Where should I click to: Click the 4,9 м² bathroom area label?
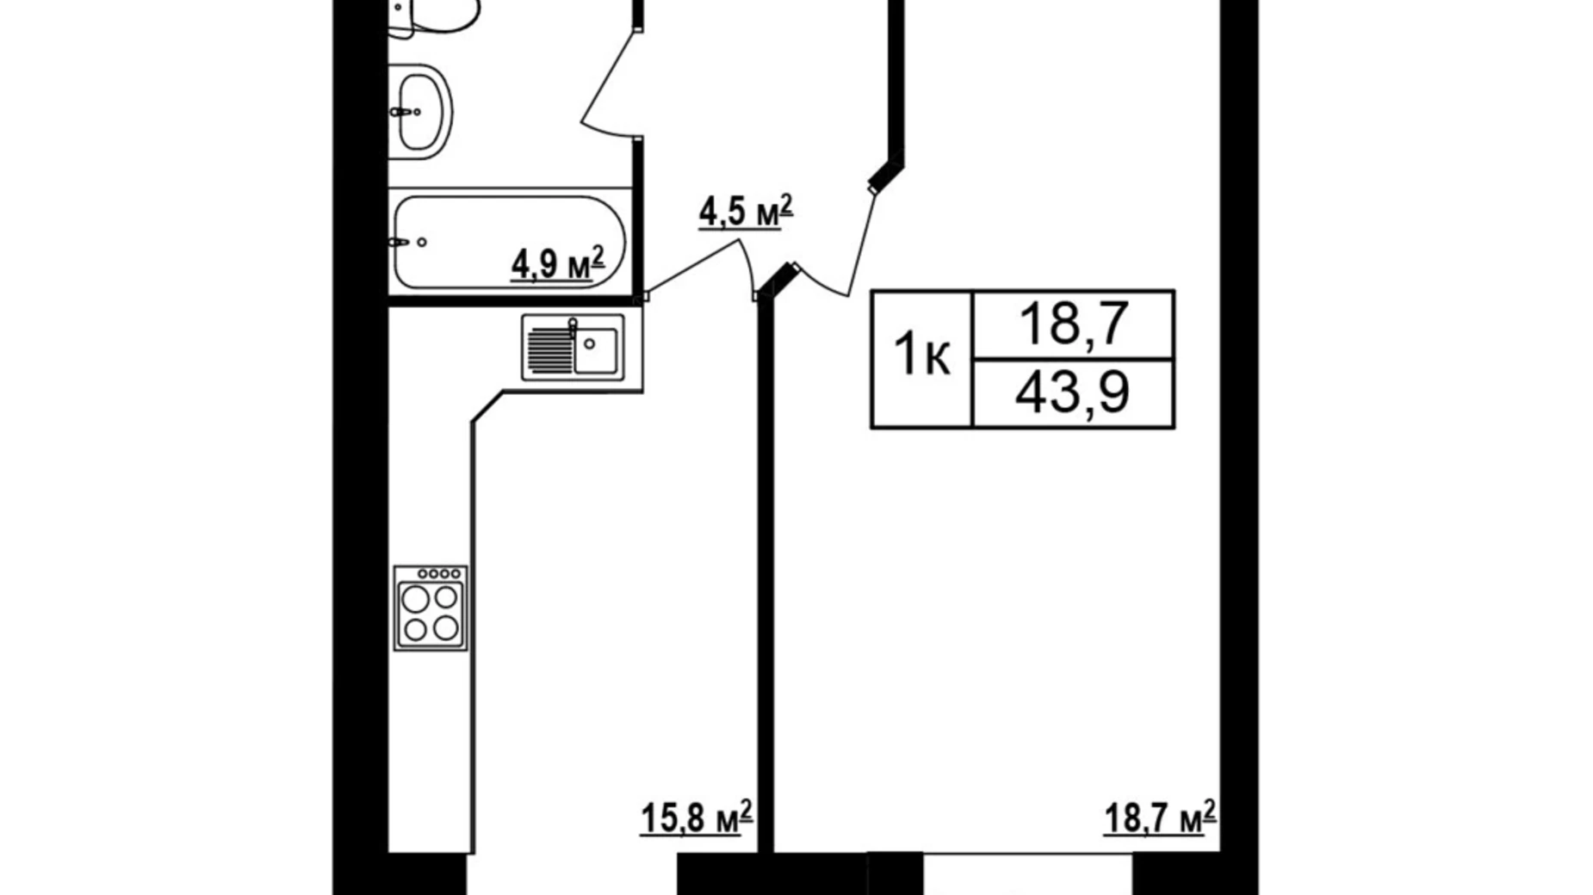pyautogui.click(x=557, y=262)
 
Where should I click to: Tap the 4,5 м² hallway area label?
pyautogui.click(x=744, y=212)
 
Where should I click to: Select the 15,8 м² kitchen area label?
pyautogui.click(x=696, y=818)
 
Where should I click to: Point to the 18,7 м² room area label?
pyautogui.click(x=1159, y=818)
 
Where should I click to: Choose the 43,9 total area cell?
pyautogui.click(x=1072, y=393)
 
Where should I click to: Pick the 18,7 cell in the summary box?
pyautogui.click(x=1072, y=324)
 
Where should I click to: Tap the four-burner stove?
pyautogui.click(x=431, y=608)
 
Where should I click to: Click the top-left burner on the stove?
pyautogui.click(x=416, y=598)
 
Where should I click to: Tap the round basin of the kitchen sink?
pyautogui.click(x=590, y=343)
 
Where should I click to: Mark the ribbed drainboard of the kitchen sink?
pyautogui.click(x=545, y=349)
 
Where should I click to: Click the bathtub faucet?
pyautogui.click(x=400, y=243)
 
